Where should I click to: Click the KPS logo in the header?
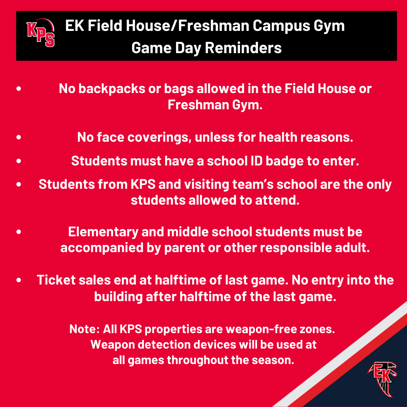coord(40,33)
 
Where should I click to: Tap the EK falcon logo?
coord(382,379)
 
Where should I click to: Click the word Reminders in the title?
coord(243,48)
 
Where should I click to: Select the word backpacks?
coord(112,89)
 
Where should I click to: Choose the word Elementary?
coord(103,232)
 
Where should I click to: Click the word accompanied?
coord(102,248)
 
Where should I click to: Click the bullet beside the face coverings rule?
coord(19,137)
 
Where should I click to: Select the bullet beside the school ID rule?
coord(19,161)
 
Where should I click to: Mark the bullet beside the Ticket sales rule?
coord(19,280)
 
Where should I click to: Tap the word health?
coord(278,137)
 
